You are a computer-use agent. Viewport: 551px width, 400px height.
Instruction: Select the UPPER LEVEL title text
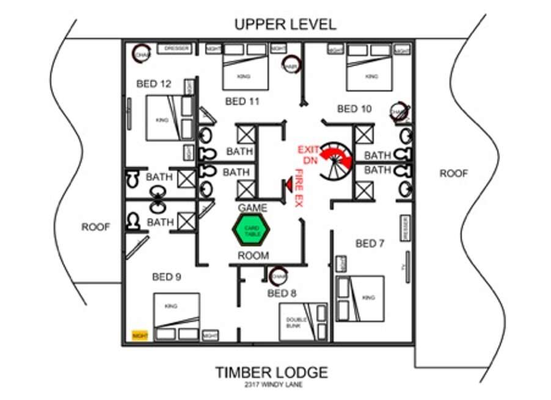point(285,24)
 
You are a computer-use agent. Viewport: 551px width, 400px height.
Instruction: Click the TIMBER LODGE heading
point(271,373)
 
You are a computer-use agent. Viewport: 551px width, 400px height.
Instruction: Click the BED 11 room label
point(243,101)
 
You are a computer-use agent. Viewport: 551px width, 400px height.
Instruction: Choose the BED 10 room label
point(354,109)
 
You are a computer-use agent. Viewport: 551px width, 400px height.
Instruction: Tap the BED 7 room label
point(370,244)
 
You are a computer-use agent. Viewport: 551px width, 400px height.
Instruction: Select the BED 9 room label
point(166,277)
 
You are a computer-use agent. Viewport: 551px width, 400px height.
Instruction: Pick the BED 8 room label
point(282,294)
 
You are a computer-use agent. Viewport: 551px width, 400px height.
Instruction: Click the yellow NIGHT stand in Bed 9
point(140,335)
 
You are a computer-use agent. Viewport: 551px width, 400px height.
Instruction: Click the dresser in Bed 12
point(175,48)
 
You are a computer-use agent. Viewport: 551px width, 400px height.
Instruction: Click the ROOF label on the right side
point(454,174)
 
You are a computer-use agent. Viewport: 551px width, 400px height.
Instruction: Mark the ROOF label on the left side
point(96,227)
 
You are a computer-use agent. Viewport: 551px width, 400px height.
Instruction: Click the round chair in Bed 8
point(279,276)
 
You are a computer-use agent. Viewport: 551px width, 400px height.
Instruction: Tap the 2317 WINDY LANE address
point(271,385)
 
